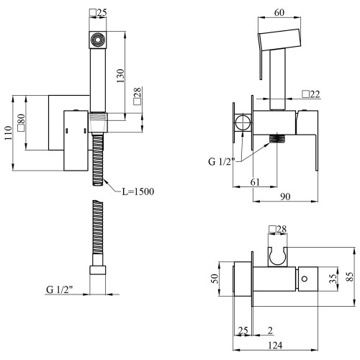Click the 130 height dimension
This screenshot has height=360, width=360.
point(121,76)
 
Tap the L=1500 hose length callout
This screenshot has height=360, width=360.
point(138,192)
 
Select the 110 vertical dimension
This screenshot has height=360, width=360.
point(8,132)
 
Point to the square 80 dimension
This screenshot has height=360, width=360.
point(21,122)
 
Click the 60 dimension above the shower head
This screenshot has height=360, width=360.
point(279,12)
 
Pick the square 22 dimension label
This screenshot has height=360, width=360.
point(311,94)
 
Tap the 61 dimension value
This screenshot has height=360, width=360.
point(255,182)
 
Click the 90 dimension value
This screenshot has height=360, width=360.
point(285,197)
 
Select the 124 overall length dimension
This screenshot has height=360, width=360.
point(275,346)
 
